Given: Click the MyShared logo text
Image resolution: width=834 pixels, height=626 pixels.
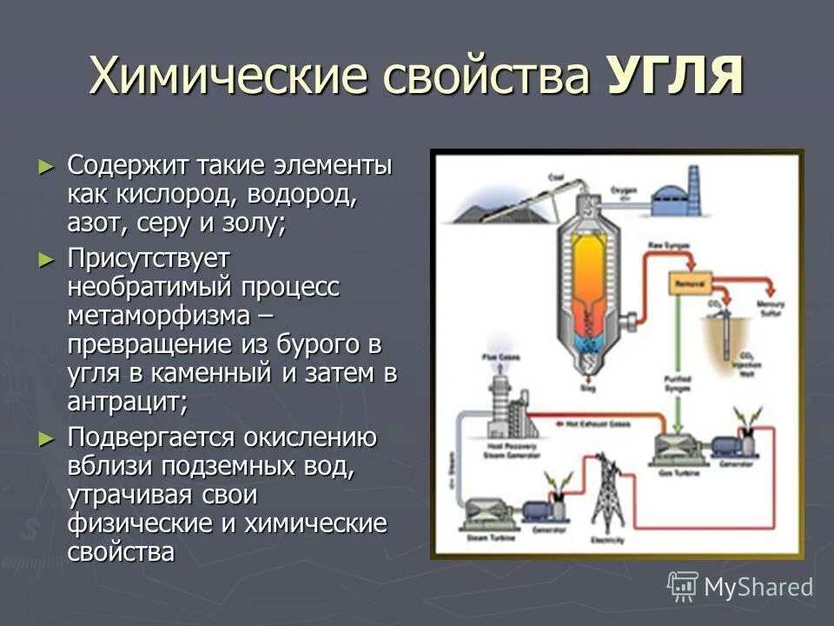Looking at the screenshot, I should coord(758,586).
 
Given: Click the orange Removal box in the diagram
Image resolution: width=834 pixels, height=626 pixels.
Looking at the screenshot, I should coord(689,284).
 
